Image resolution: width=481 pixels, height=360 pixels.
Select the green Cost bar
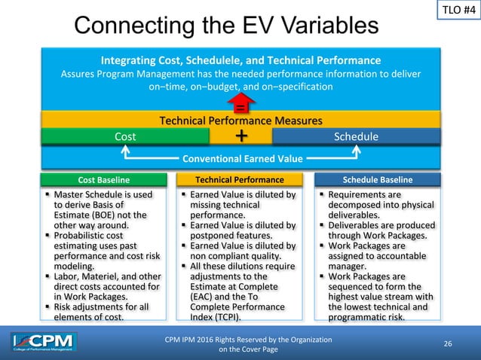pos(125,136)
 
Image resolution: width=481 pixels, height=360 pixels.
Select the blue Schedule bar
pos(355,136)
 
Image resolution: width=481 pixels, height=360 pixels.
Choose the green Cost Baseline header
pos(104,180)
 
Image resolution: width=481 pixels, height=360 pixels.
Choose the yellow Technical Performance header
pos(240,180)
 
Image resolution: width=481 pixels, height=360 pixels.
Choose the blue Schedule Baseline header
pos(375,180)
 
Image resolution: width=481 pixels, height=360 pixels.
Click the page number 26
pos(448,344)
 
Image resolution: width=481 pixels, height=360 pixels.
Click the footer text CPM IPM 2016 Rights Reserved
pos(248,340)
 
